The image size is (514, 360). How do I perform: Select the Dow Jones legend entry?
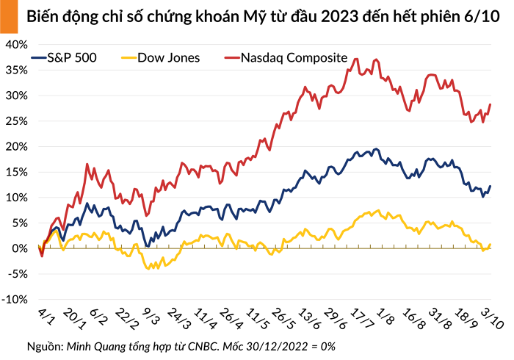(167, 57)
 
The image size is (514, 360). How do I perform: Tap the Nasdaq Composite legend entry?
(294, 57)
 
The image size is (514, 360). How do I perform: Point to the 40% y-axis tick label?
(16, 44)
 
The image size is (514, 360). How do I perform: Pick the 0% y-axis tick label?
(19, 248)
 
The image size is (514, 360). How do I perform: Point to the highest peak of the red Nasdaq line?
(356, 59)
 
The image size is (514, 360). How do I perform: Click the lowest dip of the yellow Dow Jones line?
(149, 269)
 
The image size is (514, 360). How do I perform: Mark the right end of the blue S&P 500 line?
(490, 186)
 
